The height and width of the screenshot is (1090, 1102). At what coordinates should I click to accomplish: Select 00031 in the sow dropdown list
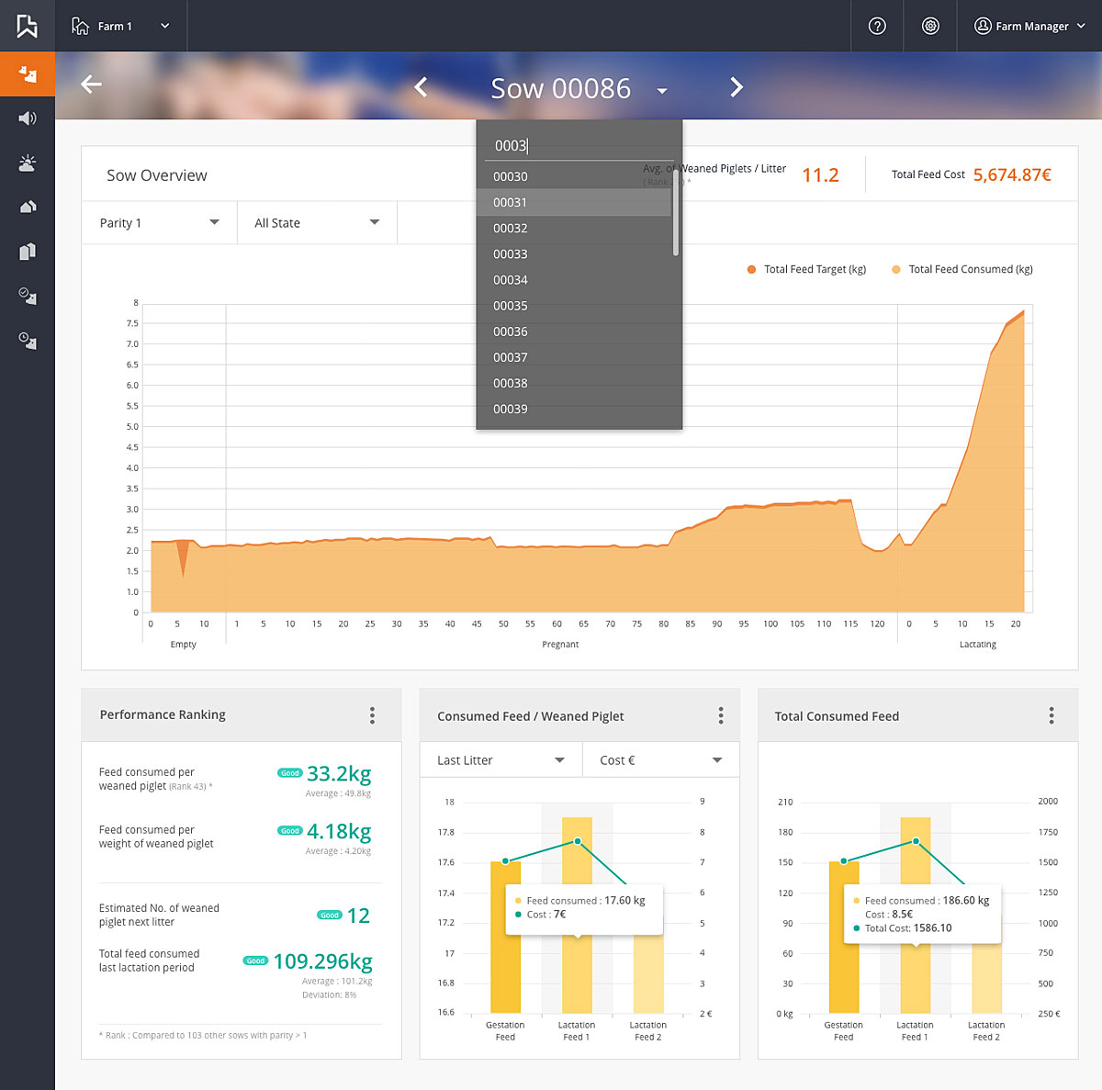pos(511,203)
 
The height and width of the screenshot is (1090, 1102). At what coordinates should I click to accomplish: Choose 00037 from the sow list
pos(511,357)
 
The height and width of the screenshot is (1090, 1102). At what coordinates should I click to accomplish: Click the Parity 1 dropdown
pos(159,223)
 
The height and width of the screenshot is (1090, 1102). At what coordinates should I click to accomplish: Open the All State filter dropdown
pos(316,223)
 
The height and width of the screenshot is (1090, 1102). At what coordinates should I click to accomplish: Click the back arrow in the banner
pos(91,84)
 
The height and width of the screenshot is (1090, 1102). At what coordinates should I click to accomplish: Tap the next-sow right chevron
pos(736,87)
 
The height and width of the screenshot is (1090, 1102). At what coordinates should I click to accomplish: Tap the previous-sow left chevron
pos(422,87)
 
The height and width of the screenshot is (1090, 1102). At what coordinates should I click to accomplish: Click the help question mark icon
pos(877,26)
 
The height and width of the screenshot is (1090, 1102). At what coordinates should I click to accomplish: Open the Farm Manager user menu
pos(1029,26)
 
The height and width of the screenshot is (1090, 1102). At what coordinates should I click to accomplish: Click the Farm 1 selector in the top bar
pos(120,26)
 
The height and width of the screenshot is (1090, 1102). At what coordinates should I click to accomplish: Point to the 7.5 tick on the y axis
pos(132,323)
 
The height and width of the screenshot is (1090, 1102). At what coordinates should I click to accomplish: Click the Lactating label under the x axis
pos(977,645)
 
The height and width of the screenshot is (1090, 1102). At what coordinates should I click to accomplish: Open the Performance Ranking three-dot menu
pos(372,715)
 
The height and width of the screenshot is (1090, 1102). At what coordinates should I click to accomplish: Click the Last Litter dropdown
pos(500,760)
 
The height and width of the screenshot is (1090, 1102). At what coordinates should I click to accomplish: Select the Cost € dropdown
pos(660,760)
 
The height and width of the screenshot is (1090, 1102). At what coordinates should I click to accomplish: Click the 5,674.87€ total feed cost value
pos(1012,174)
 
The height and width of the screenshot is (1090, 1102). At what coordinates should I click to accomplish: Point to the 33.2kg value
pos(339,774)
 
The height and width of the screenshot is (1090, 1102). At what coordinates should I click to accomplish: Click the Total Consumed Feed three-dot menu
pos(1051,715)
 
